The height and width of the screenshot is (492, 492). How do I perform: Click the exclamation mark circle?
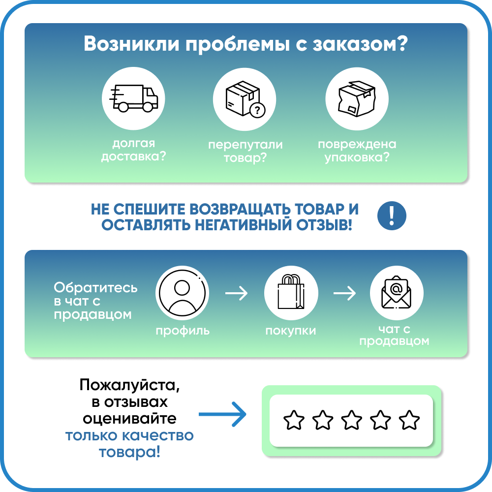pos(392,215)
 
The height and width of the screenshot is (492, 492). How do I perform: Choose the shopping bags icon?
pos(290,294)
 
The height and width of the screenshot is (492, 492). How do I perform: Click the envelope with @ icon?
pos(397,294)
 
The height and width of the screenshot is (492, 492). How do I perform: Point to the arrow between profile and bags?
pos(236,294)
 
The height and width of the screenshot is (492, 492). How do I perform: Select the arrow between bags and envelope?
pos(344,294)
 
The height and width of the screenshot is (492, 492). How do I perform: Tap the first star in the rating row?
pos(294,420)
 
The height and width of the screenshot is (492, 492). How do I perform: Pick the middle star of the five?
pos(352,420)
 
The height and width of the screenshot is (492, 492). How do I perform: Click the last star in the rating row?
pos(409,420)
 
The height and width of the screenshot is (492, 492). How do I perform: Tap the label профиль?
pos(183,331)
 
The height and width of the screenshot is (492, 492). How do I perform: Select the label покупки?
pos(290,331)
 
